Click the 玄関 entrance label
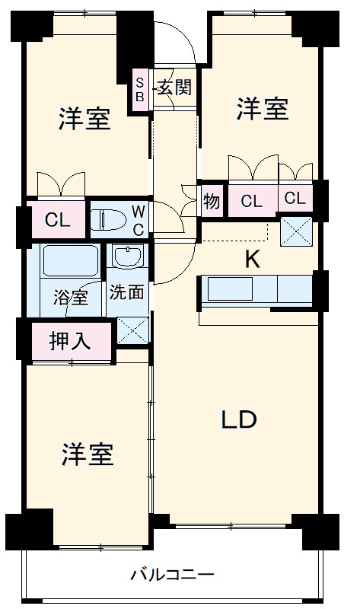(174, 88)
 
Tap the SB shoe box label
(141, 88)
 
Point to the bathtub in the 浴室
(70, 262)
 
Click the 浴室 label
(70, 298)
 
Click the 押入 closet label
(70, 341)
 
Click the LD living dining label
(239, 419)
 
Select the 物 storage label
(212, 202)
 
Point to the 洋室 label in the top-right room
(261, 109)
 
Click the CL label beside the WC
(57, 222)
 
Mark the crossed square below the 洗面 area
(132, 330)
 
